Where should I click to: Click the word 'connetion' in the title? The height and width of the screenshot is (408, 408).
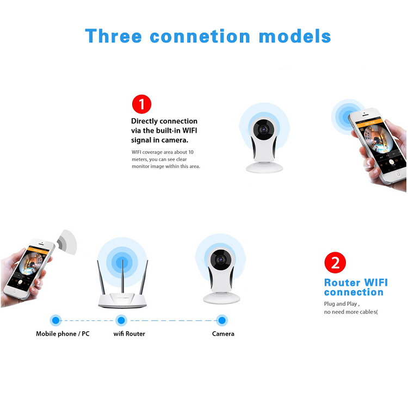point(200,36)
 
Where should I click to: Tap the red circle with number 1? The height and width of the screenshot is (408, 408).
point(141,104)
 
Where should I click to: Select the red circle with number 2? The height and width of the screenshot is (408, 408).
point(335,263)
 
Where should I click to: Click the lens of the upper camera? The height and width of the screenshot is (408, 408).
point(264,128)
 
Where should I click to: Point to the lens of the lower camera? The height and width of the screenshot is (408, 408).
point(221,259)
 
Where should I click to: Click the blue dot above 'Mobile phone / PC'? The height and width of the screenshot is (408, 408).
point(55,320)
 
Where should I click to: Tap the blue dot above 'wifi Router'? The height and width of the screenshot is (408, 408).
point(121,320)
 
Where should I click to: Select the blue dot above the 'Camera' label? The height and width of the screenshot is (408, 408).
point(222,320)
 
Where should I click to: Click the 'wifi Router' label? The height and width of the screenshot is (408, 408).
point(129,333)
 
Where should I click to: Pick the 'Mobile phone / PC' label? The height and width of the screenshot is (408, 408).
point(63,333)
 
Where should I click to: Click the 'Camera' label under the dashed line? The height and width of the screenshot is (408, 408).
point(223,333)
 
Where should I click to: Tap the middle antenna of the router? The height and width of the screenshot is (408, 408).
point(122,276)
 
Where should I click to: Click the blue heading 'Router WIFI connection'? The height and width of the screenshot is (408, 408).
point(356,287)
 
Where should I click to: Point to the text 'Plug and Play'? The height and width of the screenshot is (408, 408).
point(341,304)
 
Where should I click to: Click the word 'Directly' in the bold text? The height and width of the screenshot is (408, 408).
point(144,121)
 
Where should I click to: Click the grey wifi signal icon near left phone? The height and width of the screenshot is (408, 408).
point(67,242)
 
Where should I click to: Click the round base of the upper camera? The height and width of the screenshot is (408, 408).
point(264,168)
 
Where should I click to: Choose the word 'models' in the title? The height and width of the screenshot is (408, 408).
point(295,36)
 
